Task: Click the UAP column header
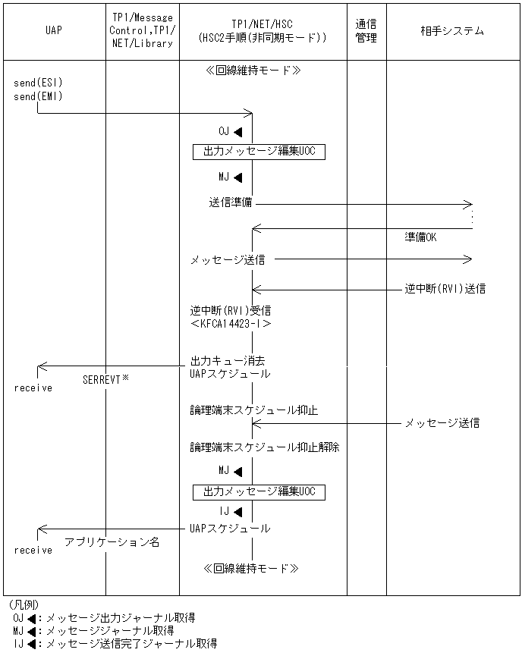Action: (53, 31)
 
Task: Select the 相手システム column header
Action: (452, 31)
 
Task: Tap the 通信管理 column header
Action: (366, 31)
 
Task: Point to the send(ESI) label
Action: (38, 82)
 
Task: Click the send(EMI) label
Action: (38, 96)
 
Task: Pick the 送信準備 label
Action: (231, 203)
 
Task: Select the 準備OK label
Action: (421, 237)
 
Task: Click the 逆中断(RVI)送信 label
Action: (445, 288)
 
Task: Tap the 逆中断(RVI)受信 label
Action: (231, 310)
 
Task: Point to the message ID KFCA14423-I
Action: (231, 323)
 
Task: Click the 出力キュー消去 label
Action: (227, 360)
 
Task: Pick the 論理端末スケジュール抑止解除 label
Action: (264, 447)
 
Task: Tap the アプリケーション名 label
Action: (112, 542)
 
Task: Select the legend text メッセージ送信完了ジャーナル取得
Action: (131, 643)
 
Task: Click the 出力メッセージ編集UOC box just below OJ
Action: (259, 152)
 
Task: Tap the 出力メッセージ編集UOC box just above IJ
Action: (259, 491)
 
